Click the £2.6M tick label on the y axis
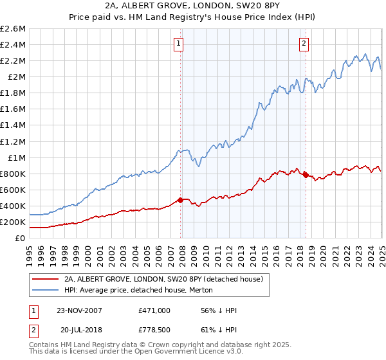pyautogui.click(x=13, y=29)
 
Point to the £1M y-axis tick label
pyautogui.click(x=15, y=157)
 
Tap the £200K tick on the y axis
pyautogui.click(x=13, y=222)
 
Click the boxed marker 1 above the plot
pyautogui.click(x=178, y=44)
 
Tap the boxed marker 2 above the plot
pyautogui.click(x=303, y=44)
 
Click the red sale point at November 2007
pyautogui.click(x=180, y=200)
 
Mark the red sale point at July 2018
pyautogui.click(x=306, y=175)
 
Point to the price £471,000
pyautogui.click(x=154, y=310)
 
